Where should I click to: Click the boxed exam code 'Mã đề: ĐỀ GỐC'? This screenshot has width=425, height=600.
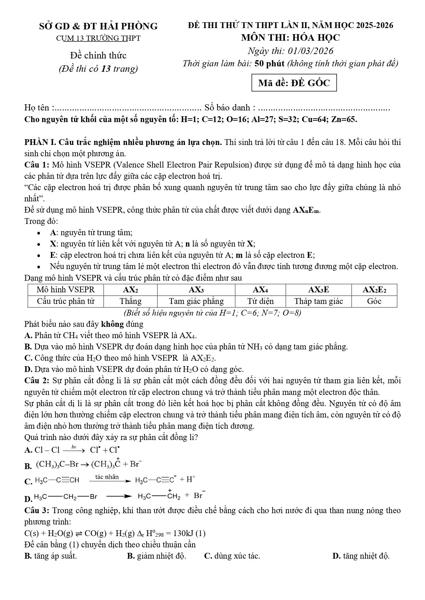click(x=294, y=83)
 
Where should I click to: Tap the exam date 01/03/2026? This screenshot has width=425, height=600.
click(x=311, y=51)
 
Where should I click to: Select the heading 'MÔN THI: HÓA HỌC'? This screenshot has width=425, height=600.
click(x=290, y=38)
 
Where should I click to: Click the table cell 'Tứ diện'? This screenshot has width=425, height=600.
click(x=260, y=301)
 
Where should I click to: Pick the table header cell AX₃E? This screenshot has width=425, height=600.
click(x=318, y=290)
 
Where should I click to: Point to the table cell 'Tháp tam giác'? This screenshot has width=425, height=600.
click(x=318, y=301)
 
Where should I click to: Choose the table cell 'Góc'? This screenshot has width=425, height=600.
click(x=374, y=301)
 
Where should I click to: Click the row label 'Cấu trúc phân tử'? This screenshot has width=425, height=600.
click(x=66, y=301)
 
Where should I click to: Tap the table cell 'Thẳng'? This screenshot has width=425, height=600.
click(x=130, y=301)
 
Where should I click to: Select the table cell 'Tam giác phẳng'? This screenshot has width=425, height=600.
click(x=196, y=301)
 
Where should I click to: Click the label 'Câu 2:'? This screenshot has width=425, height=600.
click(x=37, y=381)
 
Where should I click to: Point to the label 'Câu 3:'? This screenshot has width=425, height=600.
click(x=37, y=510)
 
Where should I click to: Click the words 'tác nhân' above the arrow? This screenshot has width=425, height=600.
click(x=107, y=477)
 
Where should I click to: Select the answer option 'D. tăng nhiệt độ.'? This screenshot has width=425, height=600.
click(x=361, y=556)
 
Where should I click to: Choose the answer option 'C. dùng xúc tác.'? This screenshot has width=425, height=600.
click(x=232, y=556)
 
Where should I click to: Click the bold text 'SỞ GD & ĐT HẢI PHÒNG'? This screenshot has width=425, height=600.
click(x=98, y=26)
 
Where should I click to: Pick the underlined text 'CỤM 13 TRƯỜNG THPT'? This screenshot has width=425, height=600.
click(x=98, y=38)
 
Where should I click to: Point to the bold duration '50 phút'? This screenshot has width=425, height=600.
click(x=270, y=64)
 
